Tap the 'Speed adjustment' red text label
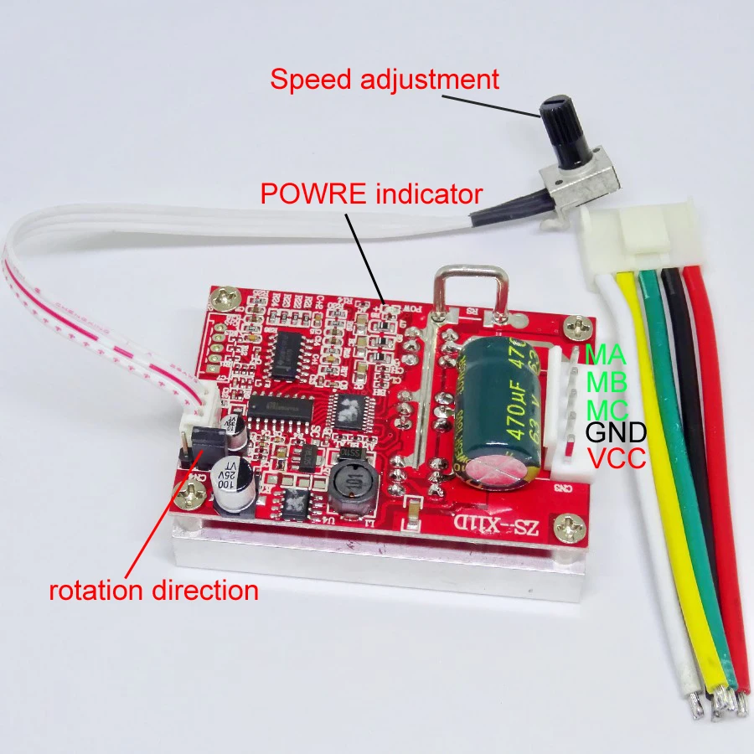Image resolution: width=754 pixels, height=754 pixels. pyautogui.click(x=385, y=80)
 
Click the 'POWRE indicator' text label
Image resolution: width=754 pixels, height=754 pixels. pyautogui.click(x=371, y=195)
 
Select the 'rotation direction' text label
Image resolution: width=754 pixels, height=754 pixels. pyautogui.click(x=153, y=590)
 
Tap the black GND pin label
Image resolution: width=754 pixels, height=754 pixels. pyautogui.click(x=617, y=433)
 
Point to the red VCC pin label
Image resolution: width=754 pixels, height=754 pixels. pyautogui.click(x=616, y=458)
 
